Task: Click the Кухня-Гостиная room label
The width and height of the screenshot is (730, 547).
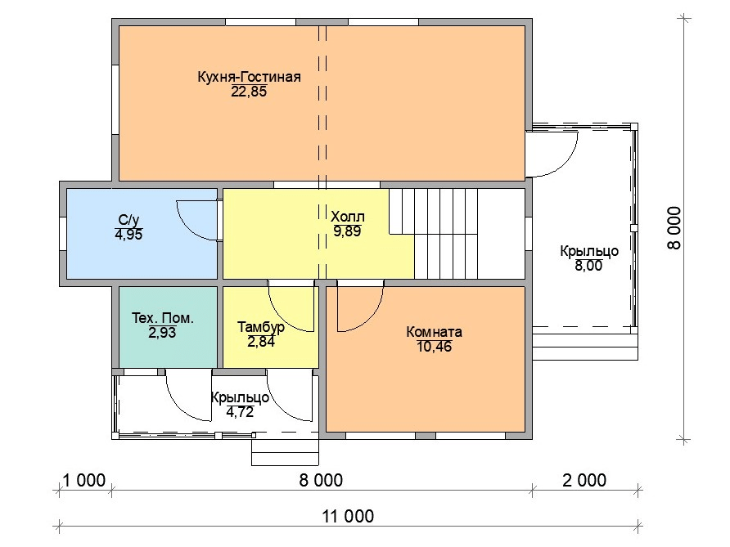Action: (249, 76)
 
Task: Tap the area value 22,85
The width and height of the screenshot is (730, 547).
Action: (249, 92)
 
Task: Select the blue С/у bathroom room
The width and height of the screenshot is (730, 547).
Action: (142, 233)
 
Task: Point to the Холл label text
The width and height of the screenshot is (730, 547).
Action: (347, 217)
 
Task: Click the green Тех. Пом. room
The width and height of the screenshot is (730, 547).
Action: (168, 327)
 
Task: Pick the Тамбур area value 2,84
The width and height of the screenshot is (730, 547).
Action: (261, 342)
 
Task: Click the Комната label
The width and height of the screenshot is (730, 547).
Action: (434, 332)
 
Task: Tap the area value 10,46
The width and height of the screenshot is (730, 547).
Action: (434, 347)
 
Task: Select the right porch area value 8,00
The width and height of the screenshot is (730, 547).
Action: (588, 266)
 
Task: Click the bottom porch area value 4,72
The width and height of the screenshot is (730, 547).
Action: (240, 412)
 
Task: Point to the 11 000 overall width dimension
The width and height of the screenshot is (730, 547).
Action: (348, 516)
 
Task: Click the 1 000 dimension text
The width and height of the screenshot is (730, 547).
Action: (84, 480)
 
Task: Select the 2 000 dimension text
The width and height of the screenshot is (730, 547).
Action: (584, 480)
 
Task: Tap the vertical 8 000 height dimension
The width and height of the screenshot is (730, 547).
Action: (674, 228)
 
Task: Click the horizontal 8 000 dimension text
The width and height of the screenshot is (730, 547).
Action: (321, 480)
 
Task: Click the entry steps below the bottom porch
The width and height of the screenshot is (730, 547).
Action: (285, 451)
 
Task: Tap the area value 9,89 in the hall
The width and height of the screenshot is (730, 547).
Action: (347, 231)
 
